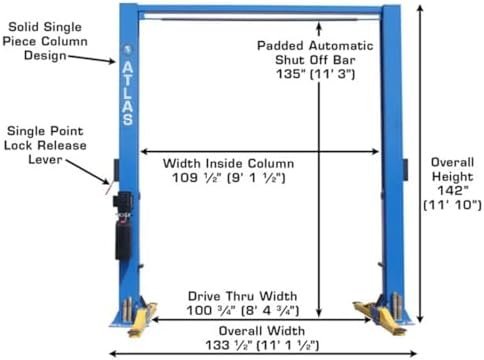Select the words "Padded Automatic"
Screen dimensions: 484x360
coord(315,45)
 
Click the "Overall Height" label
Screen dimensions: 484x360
coord(454,171)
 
